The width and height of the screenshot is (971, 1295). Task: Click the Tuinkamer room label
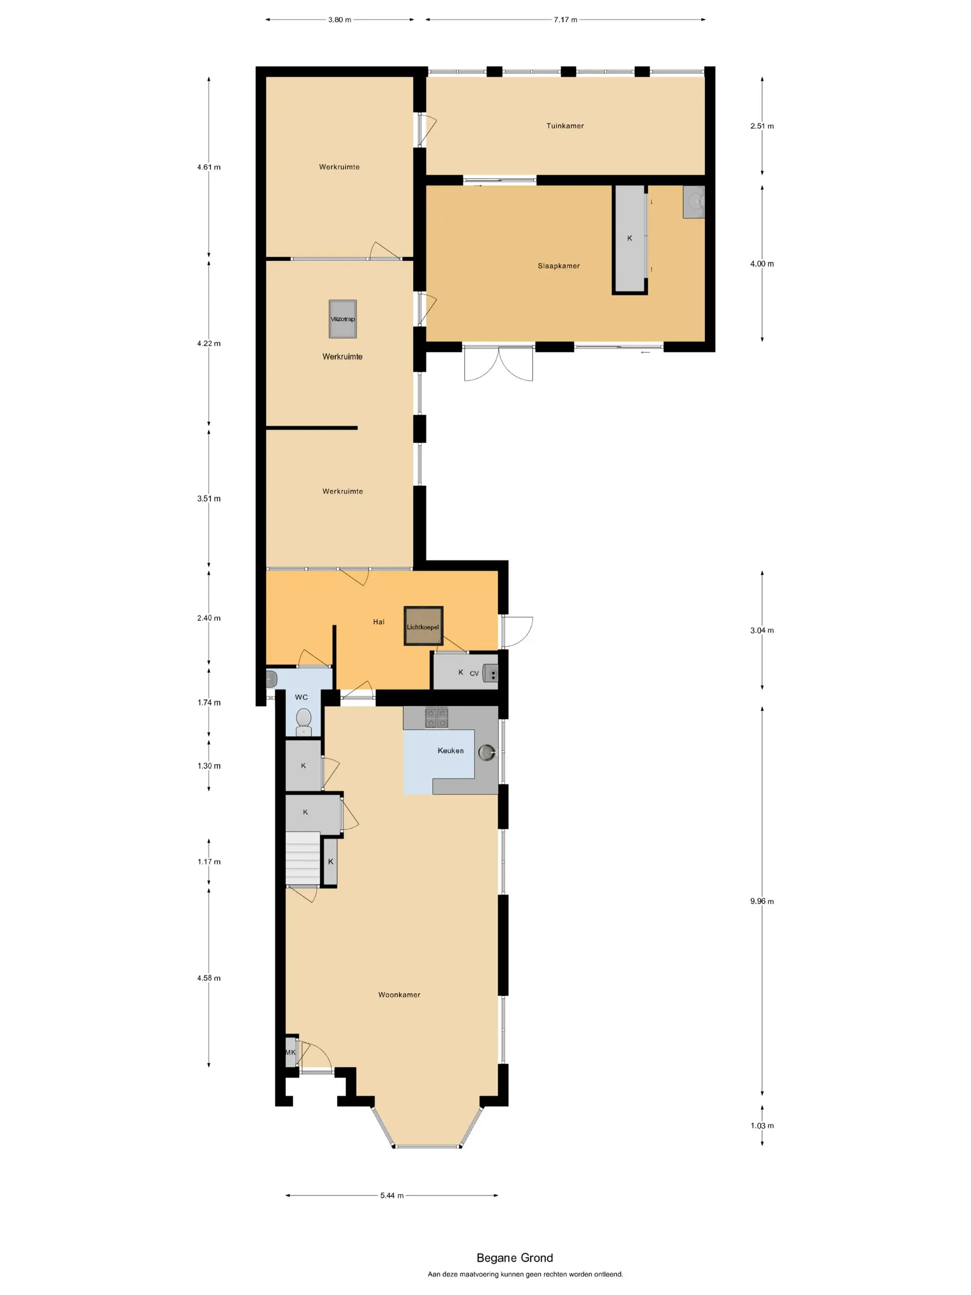pos(565,126)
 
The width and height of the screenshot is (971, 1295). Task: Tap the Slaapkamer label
pos(559,266)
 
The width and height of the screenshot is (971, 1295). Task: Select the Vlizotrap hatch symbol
pos(343,319)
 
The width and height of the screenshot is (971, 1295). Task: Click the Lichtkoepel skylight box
pos(423,626)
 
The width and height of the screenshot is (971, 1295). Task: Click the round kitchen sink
pos(486,752)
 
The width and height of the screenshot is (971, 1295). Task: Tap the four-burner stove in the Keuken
pos(436,718)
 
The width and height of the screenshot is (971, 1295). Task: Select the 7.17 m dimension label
pos(565,20)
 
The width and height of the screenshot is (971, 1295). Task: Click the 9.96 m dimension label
pos(762,901)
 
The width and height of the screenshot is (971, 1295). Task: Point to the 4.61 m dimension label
pos(209,167)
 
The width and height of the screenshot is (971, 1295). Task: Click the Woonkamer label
pos(399,995)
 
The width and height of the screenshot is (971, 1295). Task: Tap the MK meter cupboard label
pos(290,1052)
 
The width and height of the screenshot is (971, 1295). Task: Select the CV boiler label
pos(474,673)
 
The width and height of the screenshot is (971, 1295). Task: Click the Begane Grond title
pos(515,1258)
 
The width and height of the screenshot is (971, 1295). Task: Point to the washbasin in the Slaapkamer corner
pos(694,202)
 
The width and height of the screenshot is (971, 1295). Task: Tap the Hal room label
pos(379,622)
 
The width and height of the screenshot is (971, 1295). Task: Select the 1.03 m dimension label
pos(762,1125)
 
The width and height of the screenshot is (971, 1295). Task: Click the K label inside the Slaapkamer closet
pos(630,238)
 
